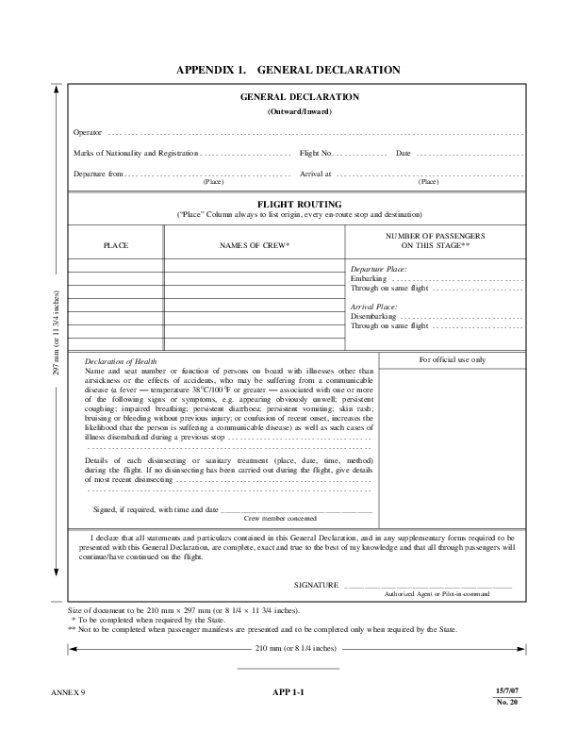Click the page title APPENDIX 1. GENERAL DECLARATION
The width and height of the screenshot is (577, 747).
pyautogui.click(x=288, y=70)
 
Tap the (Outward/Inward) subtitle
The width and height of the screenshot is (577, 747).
pyautogui.click(x=299, y=111)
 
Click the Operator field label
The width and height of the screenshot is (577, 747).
pyautogui.click(x=88, y=132)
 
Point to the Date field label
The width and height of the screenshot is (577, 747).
pyautogui.click(x=404, y=153)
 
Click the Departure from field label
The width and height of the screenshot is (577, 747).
pyautogui.click(x=98, y=174)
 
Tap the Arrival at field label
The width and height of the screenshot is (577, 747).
pyautogui.click(x=316, y=174)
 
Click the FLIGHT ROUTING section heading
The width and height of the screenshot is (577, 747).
pyautogui.click(x=299, y=204)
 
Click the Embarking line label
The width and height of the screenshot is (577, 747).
pyautogui.click(x=368, y=279)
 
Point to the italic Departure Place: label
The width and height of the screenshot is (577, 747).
pyautogui.click(x=379, y=269)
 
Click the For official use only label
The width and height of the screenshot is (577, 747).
pyautogui.click(x=453, y=360)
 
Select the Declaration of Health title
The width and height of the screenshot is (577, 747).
pyautogui.click(x=121, y=362)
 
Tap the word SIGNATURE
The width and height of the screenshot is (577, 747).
pyautogui.click(x=316, y=586)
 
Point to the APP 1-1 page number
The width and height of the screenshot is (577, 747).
pyautogui.click(x=288, y=694)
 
